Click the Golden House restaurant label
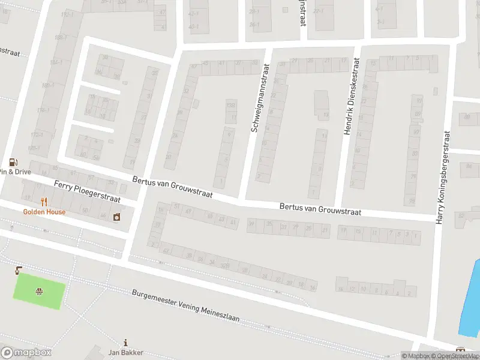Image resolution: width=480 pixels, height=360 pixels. pos(44,212)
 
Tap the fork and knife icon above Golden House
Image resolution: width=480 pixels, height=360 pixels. pos(44,202)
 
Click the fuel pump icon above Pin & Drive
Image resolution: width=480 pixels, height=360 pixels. pos(13,162)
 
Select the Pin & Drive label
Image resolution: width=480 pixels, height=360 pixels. pos(16,172)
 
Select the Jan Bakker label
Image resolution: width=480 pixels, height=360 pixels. pos(125,353)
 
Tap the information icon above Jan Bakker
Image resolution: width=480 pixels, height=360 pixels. pos(125,343)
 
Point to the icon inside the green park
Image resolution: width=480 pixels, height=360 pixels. pos(39,292)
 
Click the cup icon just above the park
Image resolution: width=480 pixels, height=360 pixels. pos(18,269)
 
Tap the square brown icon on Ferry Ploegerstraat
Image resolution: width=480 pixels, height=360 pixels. pos(116,216)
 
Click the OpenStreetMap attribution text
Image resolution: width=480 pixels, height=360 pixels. pos(455,356)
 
